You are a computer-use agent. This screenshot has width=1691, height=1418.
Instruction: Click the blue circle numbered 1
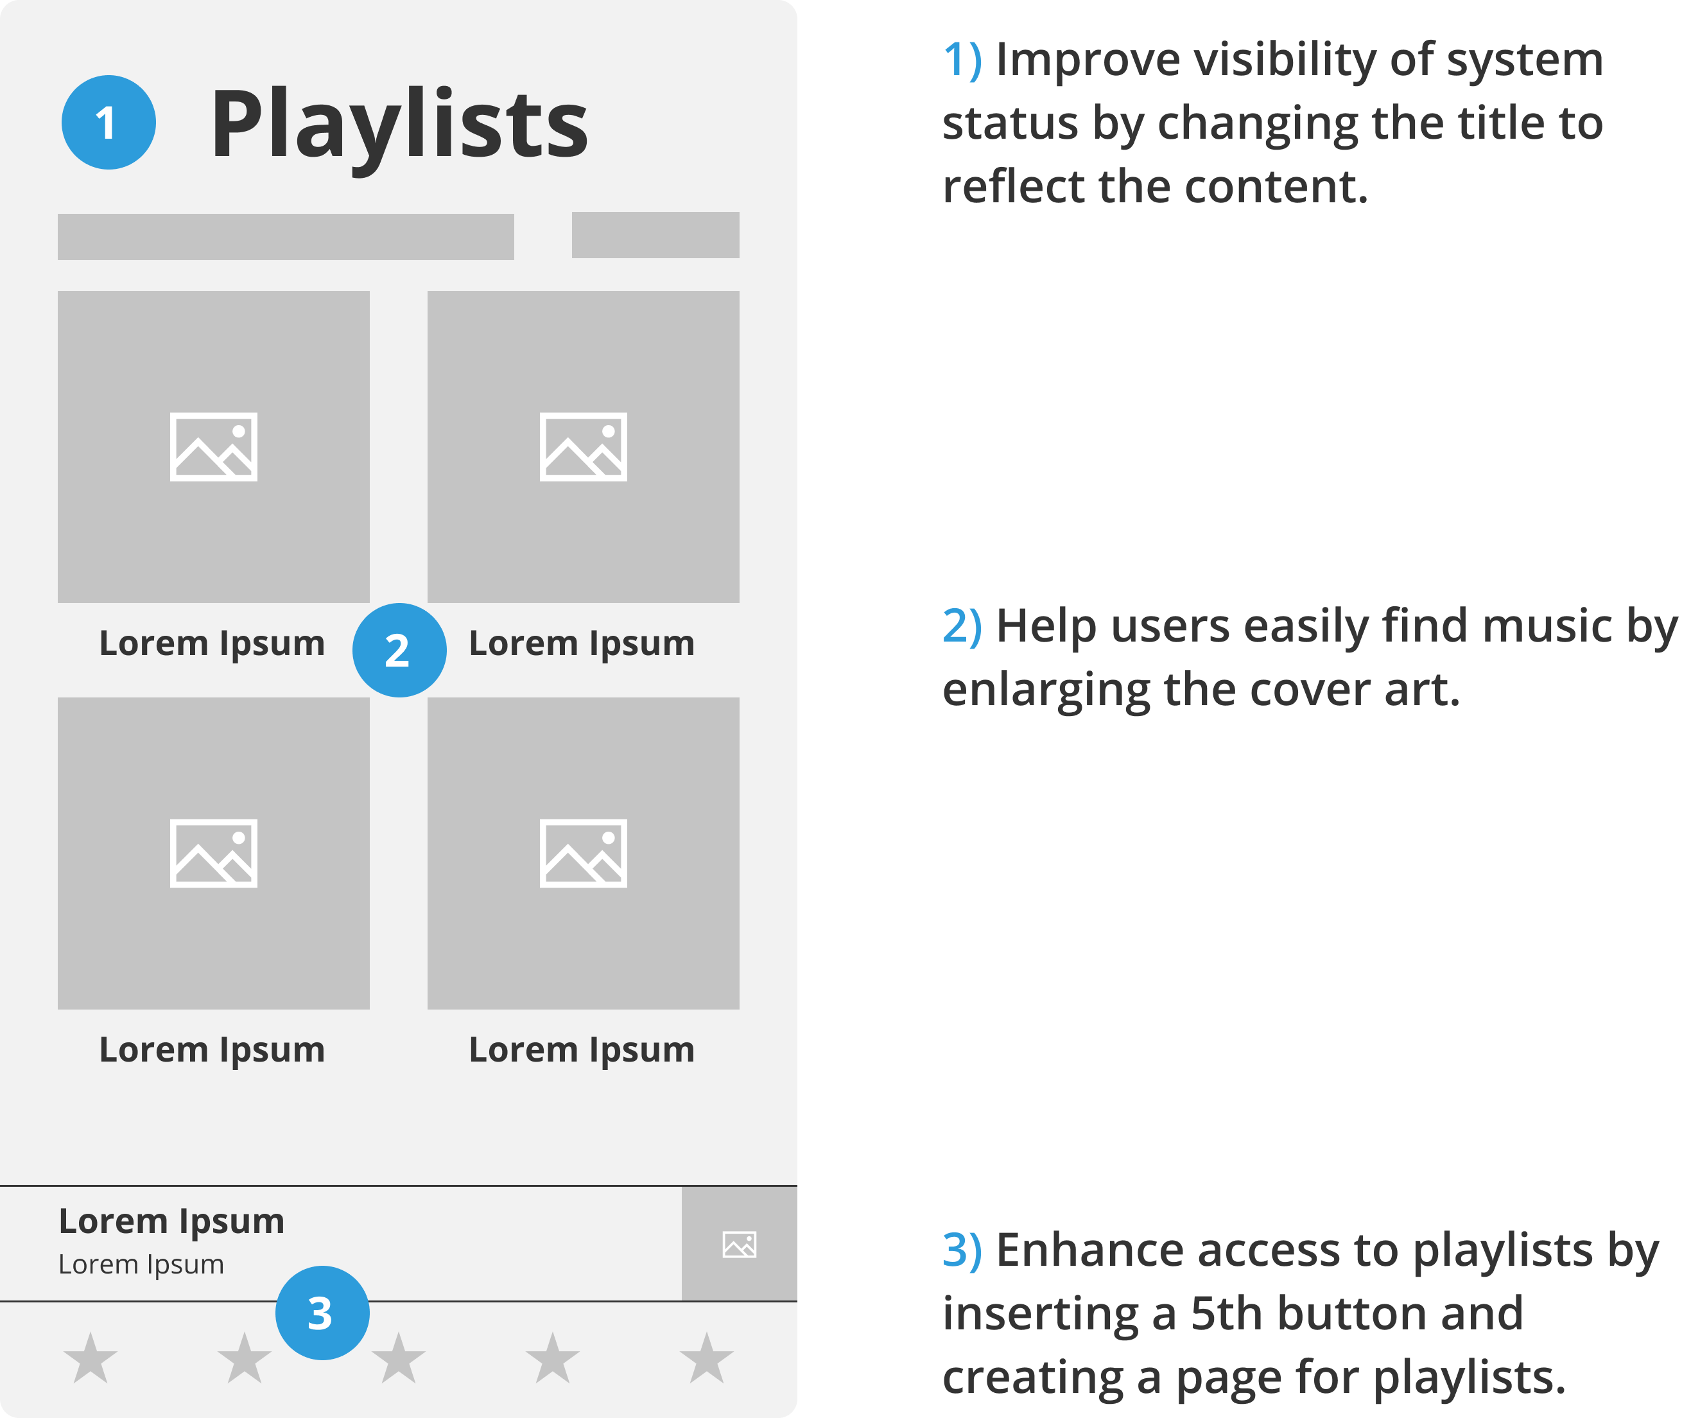[x=108, y=123]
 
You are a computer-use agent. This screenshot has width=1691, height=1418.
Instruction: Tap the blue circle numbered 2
[x=399, y=650]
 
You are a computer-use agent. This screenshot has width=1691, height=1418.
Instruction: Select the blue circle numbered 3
[x=322, y=1313]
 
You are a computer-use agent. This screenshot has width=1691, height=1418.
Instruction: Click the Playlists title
[x=399, y=124]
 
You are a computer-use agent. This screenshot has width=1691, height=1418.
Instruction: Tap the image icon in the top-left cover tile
[x=213, y=447]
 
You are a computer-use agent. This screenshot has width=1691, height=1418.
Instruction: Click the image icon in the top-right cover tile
[x=583, y=447]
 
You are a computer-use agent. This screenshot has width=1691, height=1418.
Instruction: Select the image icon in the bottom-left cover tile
[x=213, y=853]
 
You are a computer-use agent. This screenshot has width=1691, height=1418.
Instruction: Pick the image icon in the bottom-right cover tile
[x=583, y=853]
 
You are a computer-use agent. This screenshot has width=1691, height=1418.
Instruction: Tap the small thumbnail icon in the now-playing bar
[x=739, y=1245]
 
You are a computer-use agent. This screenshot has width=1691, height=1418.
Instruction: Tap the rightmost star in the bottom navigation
[x=706, y=1358]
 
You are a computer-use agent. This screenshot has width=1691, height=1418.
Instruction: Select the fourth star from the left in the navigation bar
[x=552, y=1358]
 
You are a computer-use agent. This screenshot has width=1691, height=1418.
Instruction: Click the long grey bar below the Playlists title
[x=286, y=237]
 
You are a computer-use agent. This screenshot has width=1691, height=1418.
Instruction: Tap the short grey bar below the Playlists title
[x=655, y=235]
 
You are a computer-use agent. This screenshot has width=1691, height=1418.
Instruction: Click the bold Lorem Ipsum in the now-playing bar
[x=171, y=1221]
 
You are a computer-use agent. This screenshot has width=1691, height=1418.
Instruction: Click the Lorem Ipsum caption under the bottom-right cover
[x=582, y=1050]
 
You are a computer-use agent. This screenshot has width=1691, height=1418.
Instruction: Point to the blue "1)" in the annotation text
[x=962, y=60]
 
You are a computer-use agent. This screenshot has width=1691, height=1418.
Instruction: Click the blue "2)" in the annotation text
[x=962, y=626]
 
